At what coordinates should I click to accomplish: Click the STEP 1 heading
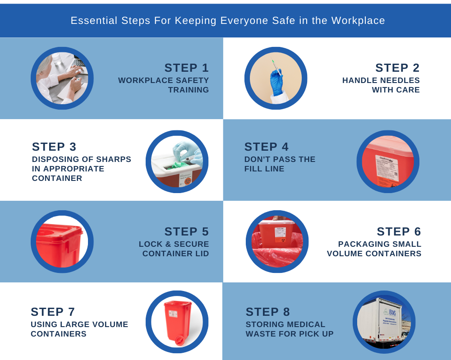[186, 68]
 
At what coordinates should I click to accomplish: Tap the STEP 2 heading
[397, 68]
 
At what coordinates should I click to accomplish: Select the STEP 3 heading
[54, 147]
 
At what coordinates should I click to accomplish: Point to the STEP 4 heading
[267, 147]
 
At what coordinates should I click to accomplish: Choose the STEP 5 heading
[186, 231]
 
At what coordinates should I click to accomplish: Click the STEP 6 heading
[399, 231]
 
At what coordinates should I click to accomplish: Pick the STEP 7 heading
[53, 312]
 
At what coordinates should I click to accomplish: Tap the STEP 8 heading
[268, 312]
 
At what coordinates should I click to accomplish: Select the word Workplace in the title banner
[358, 21]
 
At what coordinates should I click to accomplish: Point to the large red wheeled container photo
[177, 322]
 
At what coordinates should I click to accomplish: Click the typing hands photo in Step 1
[62, 78]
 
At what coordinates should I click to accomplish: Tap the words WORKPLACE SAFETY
[164, 80]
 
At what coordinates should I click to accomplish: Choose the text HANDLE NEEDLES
[381, 80]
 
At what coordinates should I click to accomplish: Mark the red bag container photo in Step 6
[277, 242]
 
